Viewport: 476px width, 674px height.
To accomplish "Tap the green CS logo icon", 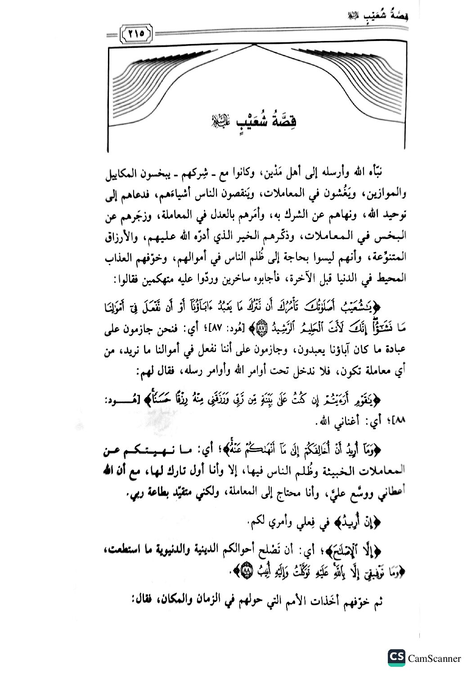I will click(396, 658).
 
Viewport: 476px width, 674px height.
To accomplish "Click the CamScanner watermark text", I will click(434, 658).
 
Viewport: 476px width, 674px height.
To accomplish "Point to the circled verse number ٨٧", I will click(261, 329).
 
